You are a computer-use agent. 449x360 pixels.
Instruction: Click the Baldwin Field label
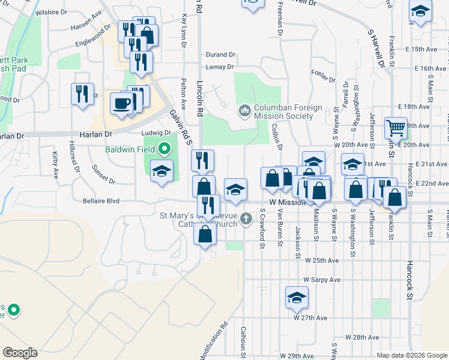(130, 149)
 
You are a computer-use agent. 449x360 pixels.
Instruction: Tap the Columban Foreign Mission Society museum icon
(244, 111)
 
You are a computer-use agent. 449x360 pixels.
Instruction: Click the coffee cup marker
(121, 103)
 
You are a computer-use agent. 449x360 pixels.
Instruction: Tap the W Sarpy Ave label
(322, 280)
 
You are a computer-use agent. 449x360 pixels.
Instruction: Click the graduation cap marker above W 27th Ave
(297, 298)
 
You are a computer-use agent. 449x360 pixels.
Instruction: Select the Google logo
(20, 353)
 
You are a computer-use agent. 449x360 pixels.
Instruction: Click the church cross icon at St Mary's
(246, 220)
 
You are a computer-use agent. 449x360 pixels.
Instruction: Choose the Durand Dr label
(220, 55)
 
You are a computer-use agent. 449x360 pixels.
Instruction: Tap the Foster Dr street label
(323, 73)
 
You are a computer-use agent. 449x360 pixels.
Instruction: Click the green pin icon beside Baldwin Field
(165, 149)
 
